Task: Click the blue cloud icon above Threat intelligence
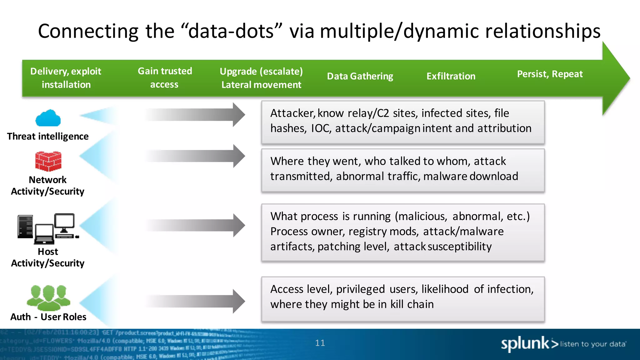48,118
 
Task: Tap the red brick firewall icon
48,161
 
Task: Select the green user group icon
48,297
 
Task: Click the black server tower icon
25,227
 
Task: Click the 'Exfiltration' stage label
451,76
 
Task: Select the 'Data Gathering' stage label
360,76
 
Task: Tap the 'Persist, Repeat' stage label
550,74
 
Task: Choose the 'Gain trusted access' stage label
165,78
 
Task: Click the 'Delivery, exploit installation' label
66,78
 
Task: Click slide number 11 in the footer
320,343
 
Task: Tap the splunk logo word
525,343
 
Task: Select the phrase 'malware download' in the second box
471,177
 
